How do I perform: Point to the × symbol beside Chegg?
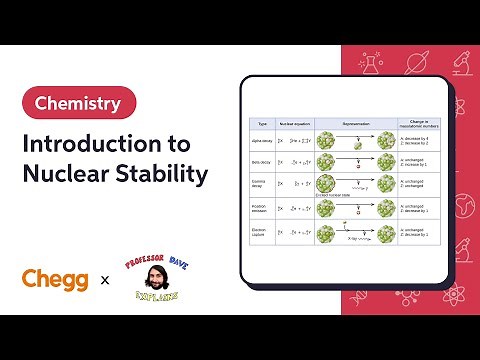[x=105, y=281]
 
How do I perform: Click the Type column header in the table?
[x=263, y=124]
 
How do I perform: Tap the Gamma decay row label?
[x=263, y=185]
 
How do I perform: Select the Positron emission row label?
[x=263, y=209]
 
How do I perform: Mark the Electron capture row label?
[x=263, y=233]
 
